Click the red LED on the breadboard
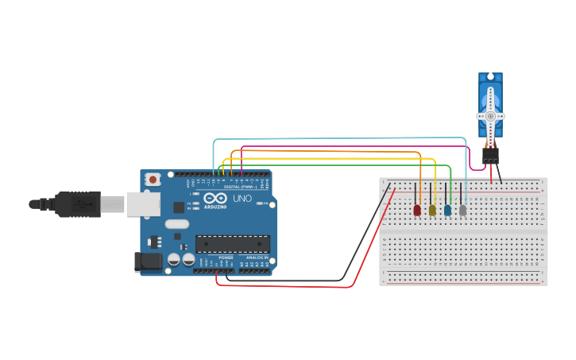(417, 210)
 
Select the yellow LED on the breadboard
(432, 210)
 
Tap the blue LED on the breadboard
(447, 210)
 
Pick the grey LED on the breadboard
(462, 210)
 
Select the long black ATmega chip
(232, 244)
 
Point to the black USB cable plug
(78, 204)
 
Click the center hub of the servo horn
(490, 116)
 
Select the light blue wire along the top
(342, 138)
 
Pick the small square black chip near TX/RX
(179, 207)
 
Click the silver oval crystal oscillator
(177, 224)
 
